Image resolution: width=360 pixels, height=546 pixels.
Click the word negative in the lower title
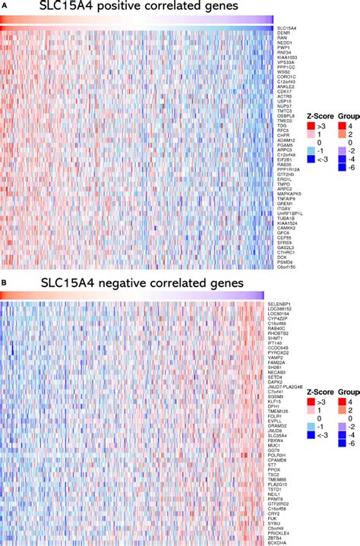tap(139, 282)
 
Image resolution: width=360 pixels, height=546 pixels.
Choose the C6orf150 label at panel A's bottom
tap(287, 267)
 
